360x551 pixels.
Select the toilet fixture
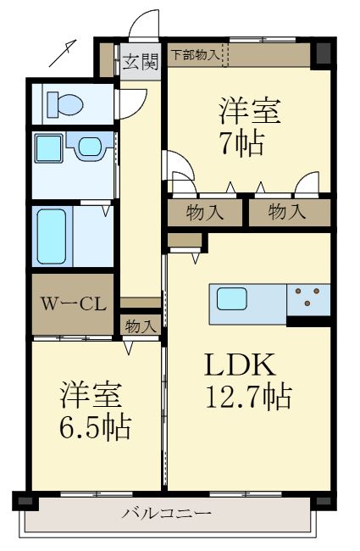click(64, 104)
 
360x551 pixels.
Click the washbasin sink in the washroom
click(87, 147)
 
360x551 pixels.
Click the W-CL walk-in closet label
click(73, 303)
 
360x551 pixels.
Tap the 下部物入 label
click(194, 55)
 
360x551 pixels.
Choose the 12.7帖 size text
click(247, 395)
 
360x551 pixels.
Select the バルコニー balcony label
click(166, 512)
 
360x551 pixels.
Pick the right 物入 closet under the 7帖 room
click(288, 212)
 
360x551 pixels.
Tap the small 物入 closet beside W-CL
click(141, 325)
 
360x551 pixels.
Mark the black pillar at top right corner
click(321, 53)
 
